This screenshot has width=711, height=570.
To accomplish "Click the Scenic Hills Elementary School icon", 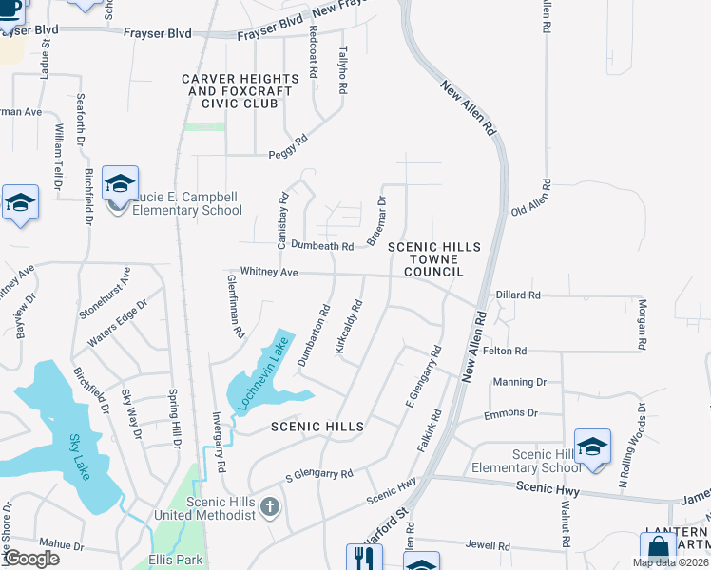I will point(592,446).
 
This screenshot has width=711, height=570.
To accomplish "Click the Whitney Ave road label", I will point(269,273).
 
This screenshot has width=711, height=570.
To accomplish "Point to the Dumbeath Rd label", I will point(322,246).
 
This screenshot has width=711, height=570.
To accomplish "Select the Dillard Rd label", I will point(518,295).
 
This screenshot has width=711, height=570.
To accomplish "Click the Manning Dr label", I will point(520,382).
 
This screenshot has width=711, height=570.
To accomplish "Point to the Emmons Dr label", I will point(510,413).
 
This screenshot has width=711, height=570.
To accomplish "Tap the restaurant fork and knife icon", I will point(362,557).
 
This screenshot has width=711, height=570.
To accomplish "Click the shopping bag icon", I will point(658,549).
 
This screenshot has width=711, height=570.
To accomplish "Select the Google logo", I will point(30,559).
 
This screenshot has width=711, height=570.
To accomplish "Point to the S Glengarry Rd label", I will point(319,473).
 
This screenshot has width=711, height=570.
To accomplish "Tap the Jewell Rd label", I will point(489,546).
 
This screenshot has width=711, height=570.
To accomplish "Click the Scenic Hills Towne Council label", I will point(433,258).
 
